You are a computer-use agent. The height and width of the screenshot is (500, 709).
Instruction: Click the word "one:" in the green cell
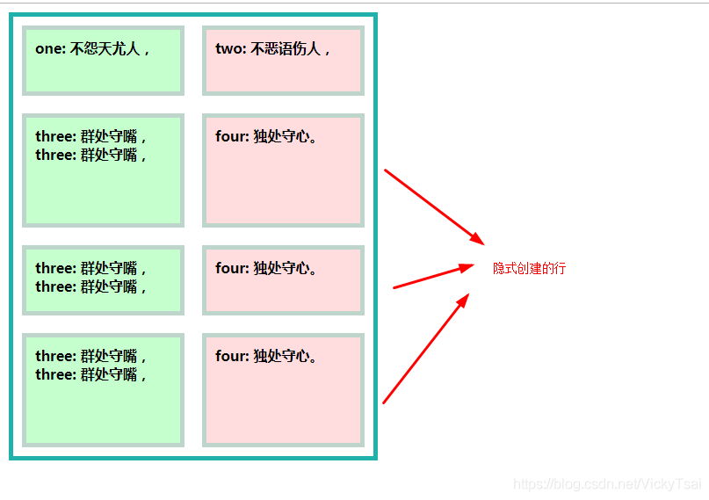tap(50, 49)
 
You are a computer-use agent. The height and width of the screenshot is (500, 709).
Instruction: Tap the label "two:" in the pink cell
tap(230, 49)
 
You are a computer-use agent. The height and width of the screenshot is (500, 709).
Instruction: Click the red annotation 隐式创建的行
tap(529, 268)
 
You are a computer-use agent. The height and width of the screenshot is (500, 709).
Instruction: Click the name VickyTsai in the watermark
tap(673, 484)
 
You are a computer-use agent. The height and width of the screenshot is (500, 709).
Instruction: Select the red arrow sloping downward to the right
tap(430, 205)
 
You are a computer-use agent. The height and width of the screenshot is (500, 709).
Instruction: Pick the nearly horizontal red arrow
tap(430, 277)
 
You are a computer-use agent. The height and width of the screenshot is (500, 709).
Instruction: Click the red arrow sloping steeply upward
tap(423, 351)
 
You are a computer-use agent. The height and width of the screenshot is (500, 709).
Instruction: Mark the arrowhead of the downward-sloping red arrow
tap(477, 239)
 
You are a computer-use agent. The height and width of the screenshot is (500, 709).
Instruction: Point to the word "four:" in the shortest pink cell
tap(233, 269)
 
